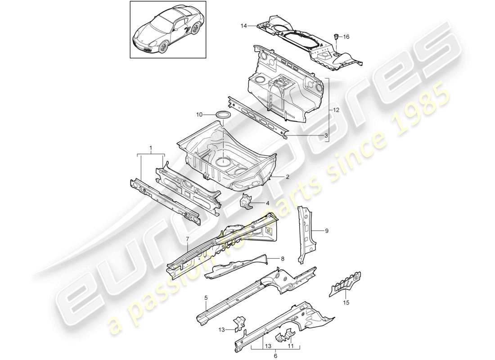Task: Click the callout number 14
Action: [243, 27]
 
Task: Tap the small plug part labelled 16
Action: [336, 36]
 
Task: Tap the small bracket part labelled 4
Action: [246, 202]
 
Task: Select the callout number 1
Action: [151, 147]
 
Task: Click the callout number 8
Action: [283, 259]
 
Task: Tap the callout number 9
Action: [327, 231]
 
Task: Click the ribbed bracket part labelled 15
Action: [347, 283]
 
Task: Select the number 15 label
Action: [346, 303]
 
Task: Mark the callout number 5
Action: [206, 297]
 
